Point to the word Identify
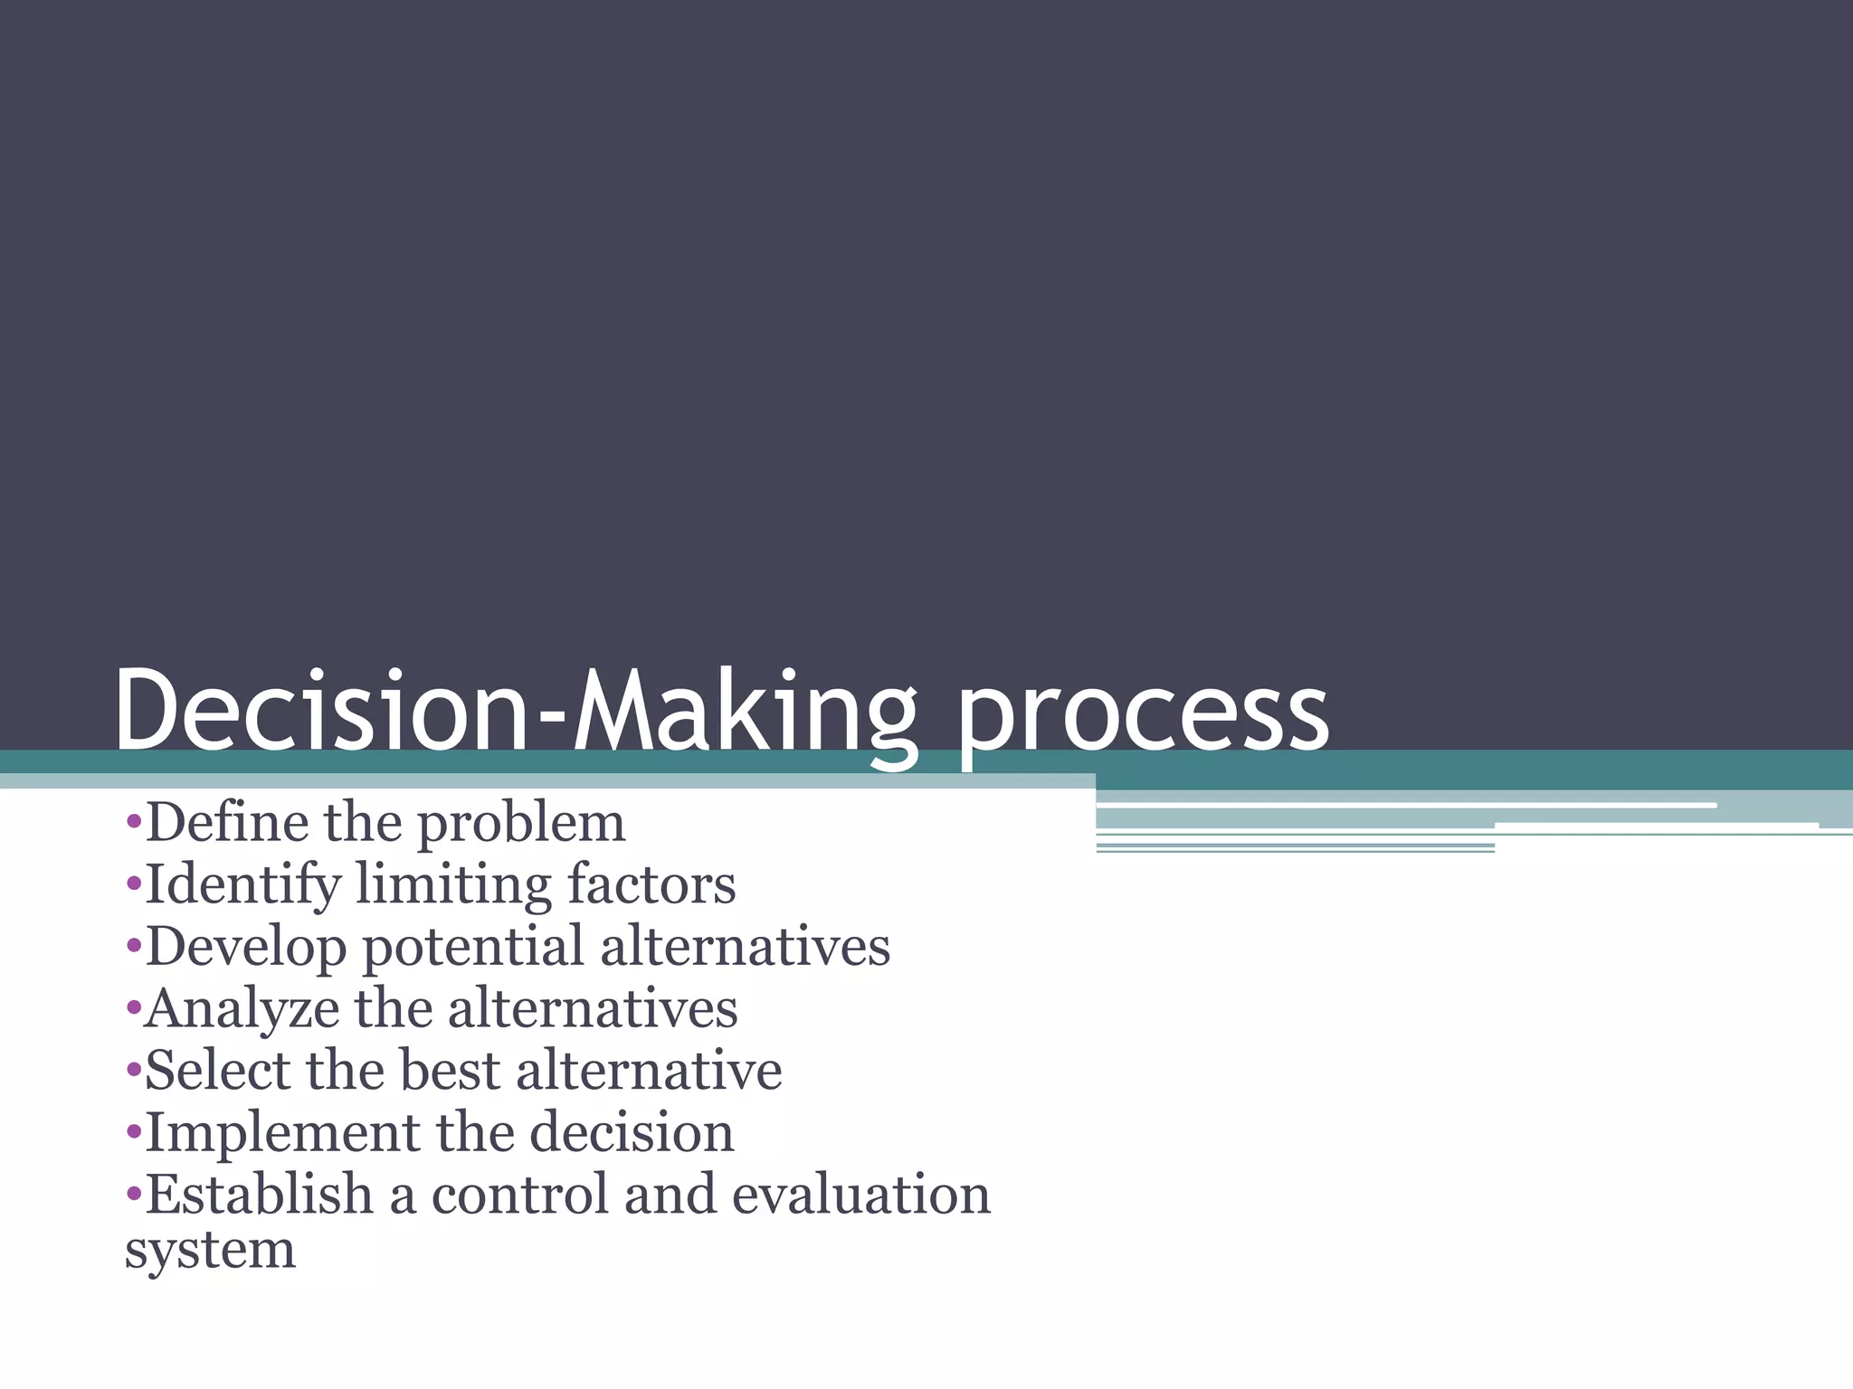[x=242, y=886]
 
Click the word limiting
[x=452, y=886]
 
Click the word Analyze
[x=242, y=1010]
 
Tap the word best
[x=449, y=1070]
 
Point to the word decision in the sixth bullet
[x=631, y=1132]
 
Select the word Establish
[x=260, y=1194]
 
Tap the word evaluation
[x=860, y=1194]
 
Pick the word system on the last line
[x=210, y=1252]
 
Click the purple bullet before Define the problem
[x=134, y=823]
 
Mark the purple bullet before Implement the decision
[x=134, y=1133]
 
